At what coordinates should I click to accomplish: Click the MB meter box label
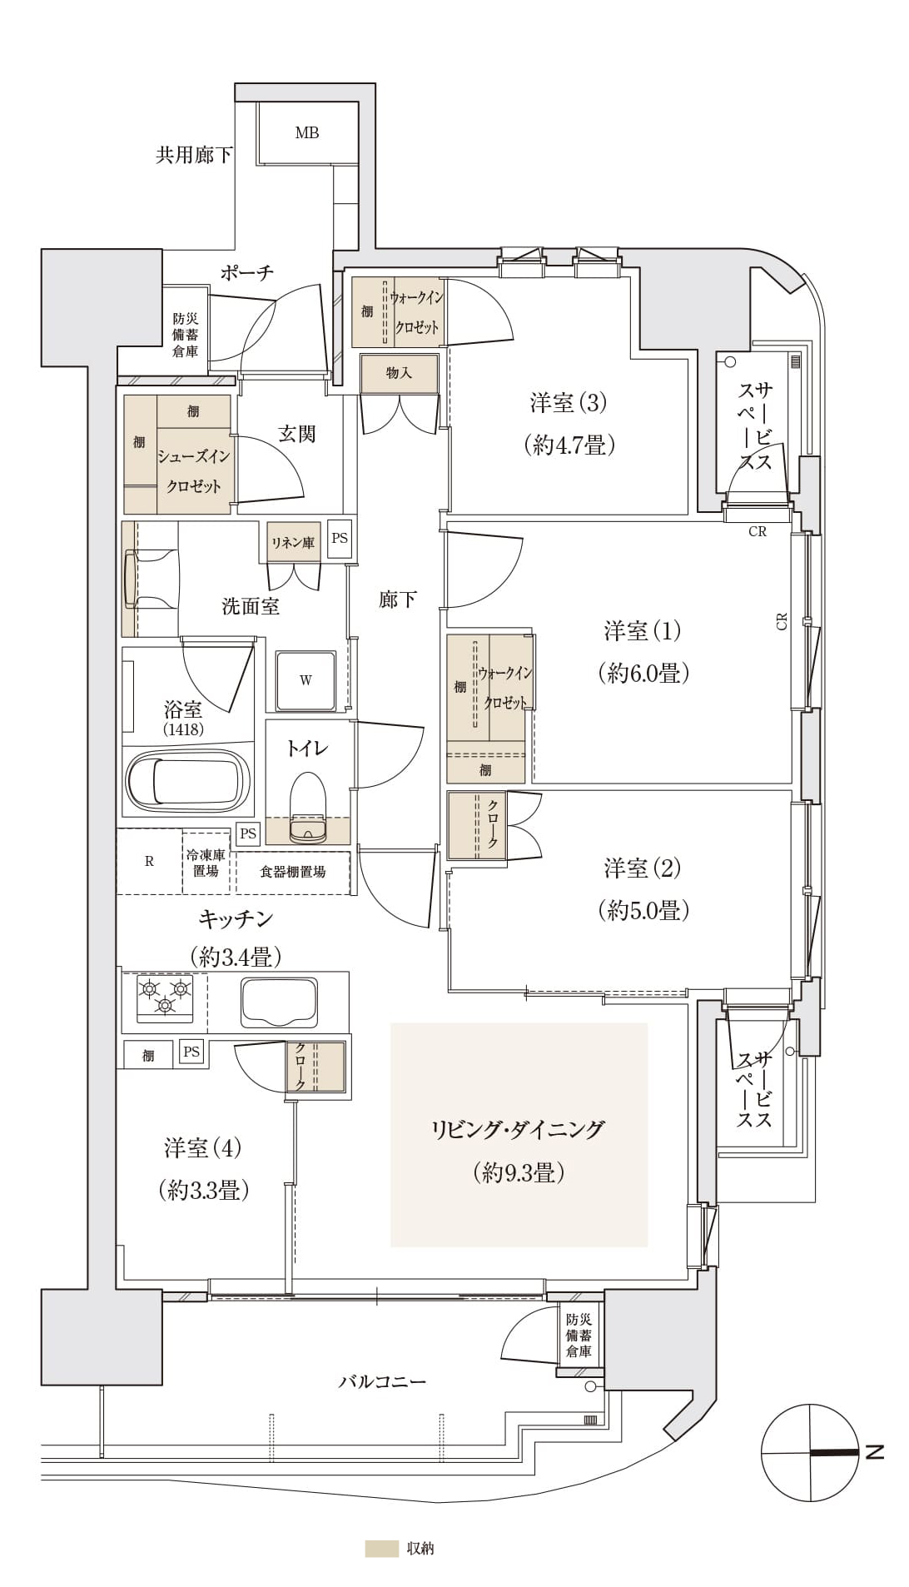coord(306,132)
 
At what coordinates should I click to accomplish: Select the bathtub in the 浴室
coord(187,782)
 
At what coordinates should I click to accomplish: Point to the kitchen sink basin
coord(279,1002)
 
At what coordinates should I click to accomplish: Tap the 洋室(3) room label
coord(569,403)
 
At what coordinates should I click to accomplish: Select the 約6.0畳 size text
coord(643,673)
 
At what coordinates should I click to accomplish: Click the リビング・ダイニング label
coord(518,1130)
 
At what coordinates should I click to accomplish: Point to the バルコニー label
coord(382,1381)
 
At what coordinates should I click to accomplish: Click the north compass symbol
coord(810,1453)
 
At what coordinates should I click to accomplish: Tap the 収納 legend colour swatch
coord(381,1549)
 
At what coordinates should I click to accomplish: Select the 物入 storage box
coord(399,374)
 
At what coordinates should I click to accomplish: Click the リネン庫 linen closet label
coord(293,543)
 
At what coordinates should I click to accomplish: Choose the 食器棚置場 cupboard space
coord(293,873)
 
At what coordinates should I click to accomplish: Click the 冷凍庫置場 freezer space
coord(206,863)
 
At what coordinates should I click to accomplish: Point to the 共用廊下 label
coord(194,155)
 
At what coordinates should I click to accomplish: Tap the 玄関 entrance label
coord(297,434)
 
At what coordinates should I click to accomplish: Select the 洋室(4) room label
coord(202,1149)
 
